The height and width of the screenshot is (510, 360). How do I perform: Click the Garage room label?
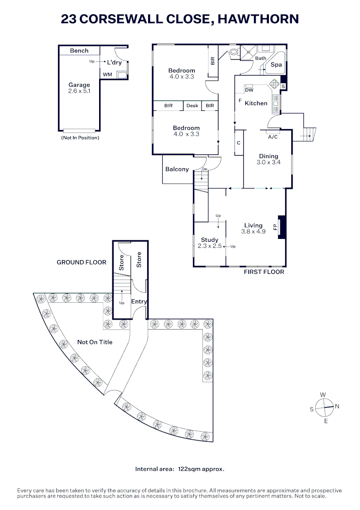(79, 85)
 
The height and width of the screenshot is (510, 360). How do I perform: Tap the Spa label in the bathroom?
(276, 64)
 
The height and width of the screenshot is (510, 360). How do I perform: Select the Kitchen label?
(256, 103)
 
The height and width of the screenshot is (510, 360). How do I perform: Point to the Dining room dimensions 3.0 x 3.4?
(268, 162)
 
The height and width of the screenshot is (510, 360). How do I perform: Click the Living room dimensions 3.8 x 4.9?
(253, 231)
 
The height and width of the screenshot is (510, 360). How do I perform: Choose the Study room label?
(209, 240)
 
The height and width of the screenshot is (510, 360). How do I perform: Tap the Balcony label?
(177, 169)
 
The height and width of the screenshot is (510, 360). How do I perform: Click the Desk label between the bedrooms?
(193, 106)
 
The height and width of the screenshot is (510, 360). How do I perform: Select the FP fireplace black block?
(282, 227)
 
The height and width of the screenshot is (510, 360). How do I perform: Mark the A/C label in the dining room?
(273, 137)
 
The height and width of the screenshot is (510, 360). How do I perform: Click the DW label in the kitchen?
(249, 90)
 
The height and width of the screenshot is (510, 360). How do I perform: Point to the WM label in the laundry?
(108, 75)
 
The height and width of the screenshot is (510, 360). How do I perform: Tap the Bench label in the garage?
(79, 51)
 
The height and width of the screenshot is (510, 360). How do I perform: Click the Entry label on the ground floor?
(139, 302)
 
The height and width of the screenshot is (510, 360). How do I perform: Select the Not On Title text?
(95, 342)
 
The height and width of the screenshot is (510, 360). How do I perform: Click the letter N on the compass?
(337, 406)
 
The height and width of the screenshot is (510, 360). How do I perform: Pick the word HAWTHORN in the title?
(258, 19)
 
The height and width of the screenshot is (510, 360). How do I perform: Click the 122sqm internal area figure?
(189, 469)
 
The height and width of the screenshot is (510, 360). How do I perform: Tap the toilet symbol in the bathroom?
(233, 52)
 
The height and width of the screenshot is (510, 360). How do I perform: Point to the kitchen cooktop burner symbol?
(275, 84)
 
